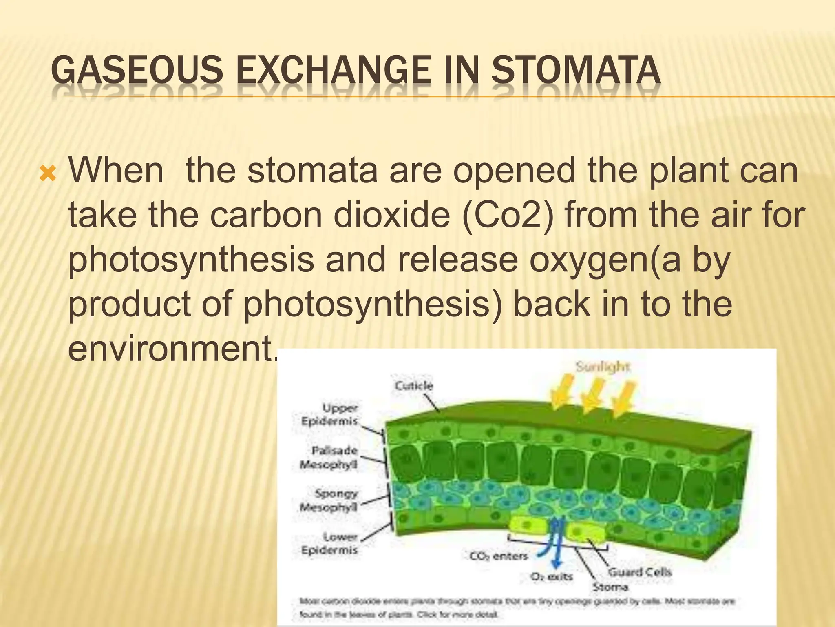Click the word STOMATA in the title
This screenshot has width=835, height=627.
click(575, 70)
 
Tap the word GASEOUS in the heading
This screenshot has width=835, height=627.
click(137, 70)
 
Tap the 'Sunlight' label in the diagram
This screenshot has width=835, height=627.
click(603, 367)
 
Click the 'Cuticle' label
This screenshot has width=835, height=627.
click(414, 386)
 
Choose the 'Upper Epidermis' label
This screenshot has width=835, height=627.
click(329, 414)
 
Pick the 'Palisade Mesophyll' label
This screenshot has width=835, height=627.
click(329, 458)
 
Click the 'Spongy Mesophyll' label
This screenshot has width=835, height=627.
click(329, 500)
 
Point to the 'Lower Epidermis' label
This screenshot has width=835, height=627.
click(329, 543)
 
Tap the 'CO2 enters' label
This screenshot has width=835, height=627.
click(498, 556)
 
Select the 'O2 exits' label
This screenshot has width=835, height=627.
click(551, 577)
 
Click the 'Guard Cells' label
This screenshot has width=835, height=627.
click(639, 572)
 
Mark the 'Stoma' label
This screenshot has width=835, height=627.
click(610, 587)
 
